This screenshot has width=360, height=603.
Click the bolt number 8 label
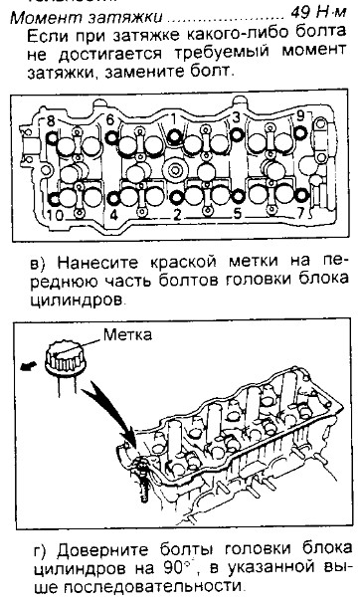pos(51,121)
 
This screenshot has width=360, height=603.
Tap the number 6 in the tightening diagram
pos(110,120)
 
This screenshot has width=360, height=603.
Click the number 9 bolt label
pos(300,116)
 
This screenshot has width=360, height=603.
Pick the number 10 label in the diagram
pos(55,215)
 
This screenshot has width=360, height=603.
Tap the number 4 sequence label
pos(113,215)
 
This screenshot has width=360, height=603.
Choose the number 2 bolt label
pos(176,215)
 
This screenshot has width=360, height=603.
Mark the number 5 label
pos(238,213)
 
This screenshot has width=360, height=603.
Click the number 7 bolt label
pos(301,213)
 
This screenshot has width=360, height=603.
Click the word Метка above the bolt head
pos(127,334)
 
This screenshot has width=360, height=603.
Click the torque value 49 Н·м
pos(318,14)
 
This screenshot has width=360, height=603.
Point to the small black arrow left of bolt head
pos(29,366)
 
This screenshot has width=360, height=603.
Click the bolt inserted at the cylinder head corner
pos(141,479)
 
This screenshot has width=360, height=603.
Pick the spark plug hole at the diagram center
pos(175,170)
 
